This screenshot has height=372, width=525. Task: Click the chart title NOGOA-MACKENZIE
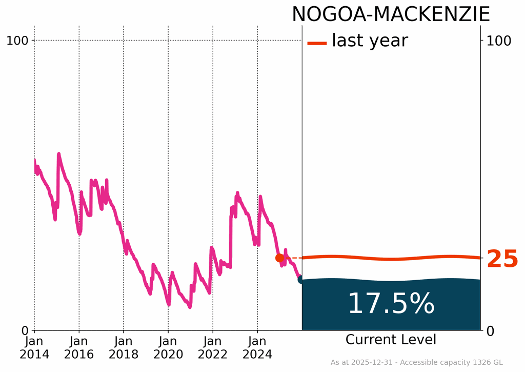tap(391, 14)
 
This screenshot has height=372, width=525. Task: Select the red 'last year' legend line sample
tap(317, 43)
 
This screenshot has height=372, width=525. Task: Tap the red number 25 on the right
tap(502, 259)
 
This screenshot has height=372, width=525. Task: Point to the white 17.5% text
tap(391, 304)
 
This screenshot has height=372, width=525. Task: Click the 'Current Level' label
tap(391, 340)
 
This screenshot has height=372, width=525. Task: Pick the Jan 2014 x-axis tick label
tap(34, 348)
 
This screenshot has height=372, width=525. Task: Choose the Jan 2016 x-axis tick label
tap(79, 348)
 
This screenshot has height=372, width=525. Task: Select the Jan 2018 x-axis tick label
tap(124, 348)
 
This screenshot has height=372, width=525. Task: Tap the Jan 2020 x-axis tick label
tap(168, 348)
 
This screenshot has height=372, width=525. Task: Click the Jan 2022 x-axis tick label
tap(213, 348)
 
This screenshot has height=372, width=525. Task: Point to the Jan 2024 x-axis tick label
tap(257, 348)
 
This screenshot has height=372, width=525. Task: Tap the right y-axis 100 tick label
tap(499, 41)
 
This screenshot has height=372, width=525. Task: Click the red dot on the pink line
tap(279, 258)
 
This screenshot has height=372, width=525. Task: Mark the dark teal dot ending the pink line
tap(301, 279)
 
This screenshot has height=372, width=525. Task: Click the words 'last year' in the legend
tap(370, 41)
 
